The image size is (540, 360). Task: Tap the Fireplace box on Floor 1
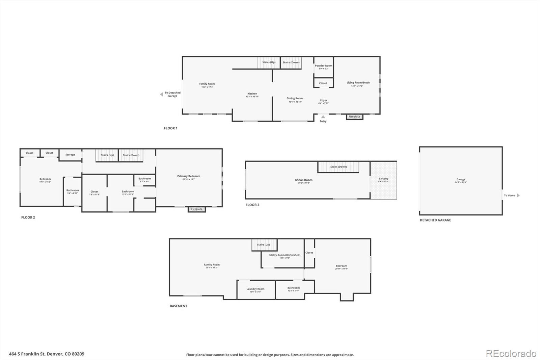coord(354,117)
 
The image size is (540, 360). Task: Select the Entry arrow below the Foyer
coord(323,117)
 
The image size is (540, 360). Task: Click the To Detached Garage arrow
coord(162,94)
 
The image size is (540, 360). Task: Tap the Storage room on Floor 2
coord(70,155)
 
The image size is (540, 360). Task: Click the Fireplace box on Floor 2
coord(197,209)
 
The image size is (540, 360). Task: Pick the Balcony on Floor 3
coord(383,180)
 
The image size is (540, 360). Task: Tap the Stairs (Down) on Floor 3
coord(338,167)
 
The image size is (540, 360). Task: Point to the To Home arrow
coord(518,195)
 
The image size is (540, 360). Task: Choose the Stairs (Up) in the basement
coord(264,245)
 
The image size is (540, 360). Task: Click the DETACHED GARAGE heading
coord(435,220)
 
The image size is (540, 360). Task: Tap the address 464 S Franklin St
coord(47,354)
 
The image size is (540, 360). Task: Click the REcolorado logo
coord(511,354)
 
